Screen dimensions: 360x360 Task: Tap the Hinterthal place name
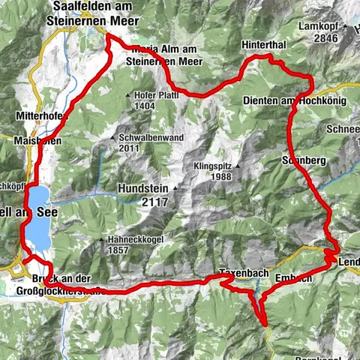point(263,46)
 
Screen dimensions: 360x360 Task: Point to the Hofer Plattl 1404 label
point(154,101)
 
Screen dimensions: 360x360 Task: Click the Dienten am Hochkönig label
point(293,99)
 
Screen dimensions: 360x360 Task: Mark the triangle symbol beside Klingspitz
point(238,166)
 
